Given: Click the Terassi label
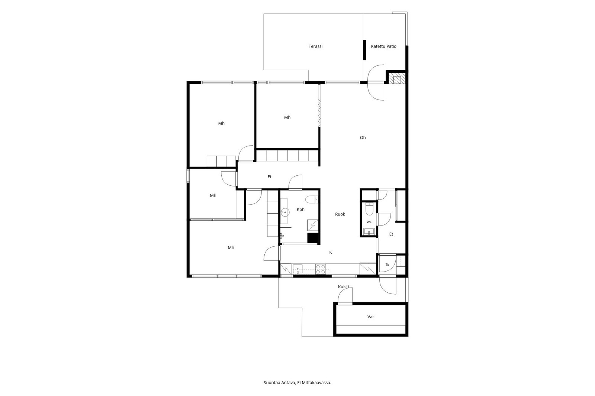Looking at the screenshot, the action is (315, 46).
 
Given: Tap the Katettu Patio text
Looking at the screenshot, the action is (383, 46).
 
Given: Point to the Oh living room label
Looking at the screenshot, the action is (363, 137).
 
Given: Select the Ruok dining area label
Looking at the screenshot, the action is (340, 214).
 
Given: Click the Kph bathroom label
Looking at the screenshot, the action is (300, 210).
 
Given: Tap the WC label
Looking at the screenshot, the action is (369, 222).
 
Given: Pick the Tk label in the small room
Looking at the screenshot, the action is (387, 264).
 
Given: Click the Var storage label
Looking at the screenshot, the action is (370, 317).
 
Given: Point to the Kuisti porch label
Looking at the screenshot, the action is (344, 287).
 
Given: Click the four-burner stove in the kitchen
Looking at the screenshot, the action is (321, 269).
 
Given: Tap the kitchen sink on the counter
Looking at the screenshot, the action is (297, 269).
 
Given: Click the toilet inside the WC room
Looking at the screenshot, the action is (369, 209).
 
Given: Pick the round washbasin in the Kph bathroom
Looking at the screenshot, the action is (285, 212).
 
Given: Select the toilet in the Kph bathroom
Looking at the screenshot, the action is (312, 199).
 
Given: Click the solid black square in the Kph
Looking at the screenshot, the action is (313, 238).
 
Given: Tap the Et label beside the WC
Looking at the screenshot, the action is (391, 234).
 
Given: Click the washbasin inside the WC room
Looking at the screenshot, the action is (369, 231).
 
